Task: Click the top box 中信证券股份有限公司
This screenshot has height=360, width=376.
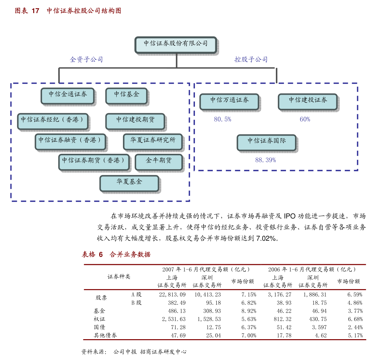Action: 175,45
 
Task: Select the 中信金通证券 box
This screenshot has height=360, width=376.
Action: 68,96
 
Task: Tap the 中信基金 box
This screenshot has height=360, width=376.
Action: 126,96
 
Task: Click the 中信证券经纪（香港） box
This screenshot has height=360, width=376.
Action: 52,121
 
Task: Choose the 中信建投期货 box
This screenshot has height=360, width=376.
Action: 135,121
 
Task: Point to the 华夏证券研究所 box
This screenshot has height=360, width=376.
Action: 153,141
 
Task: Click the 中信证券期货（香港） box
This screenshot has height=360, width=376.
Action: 94,162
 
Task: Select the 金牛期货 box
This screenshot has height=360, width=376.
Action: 159,162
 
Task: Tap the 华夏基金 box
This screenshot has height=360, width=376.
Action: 129,183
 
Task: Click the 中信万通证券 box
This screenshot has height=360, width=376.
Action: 229,101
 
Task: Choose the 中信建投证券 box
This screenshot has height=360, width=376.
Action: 307,101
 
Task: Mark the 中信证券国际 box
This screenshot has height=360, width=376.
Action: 266,142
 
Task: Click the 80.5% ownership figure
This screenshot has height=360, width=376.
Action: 222,119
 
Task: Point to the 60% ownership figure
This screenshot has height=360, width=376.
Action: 305,119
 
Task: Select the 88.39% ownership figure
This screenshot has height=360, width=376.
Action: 265,160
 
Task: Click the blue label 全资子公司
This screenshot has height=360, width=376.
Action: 86,59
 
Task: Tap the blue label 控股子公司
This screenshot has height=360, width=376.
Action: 251,59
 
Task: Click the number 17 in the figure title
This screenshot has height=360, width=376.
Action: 35,11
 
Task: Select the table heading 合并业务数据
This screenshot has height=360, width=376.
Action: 130,255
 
